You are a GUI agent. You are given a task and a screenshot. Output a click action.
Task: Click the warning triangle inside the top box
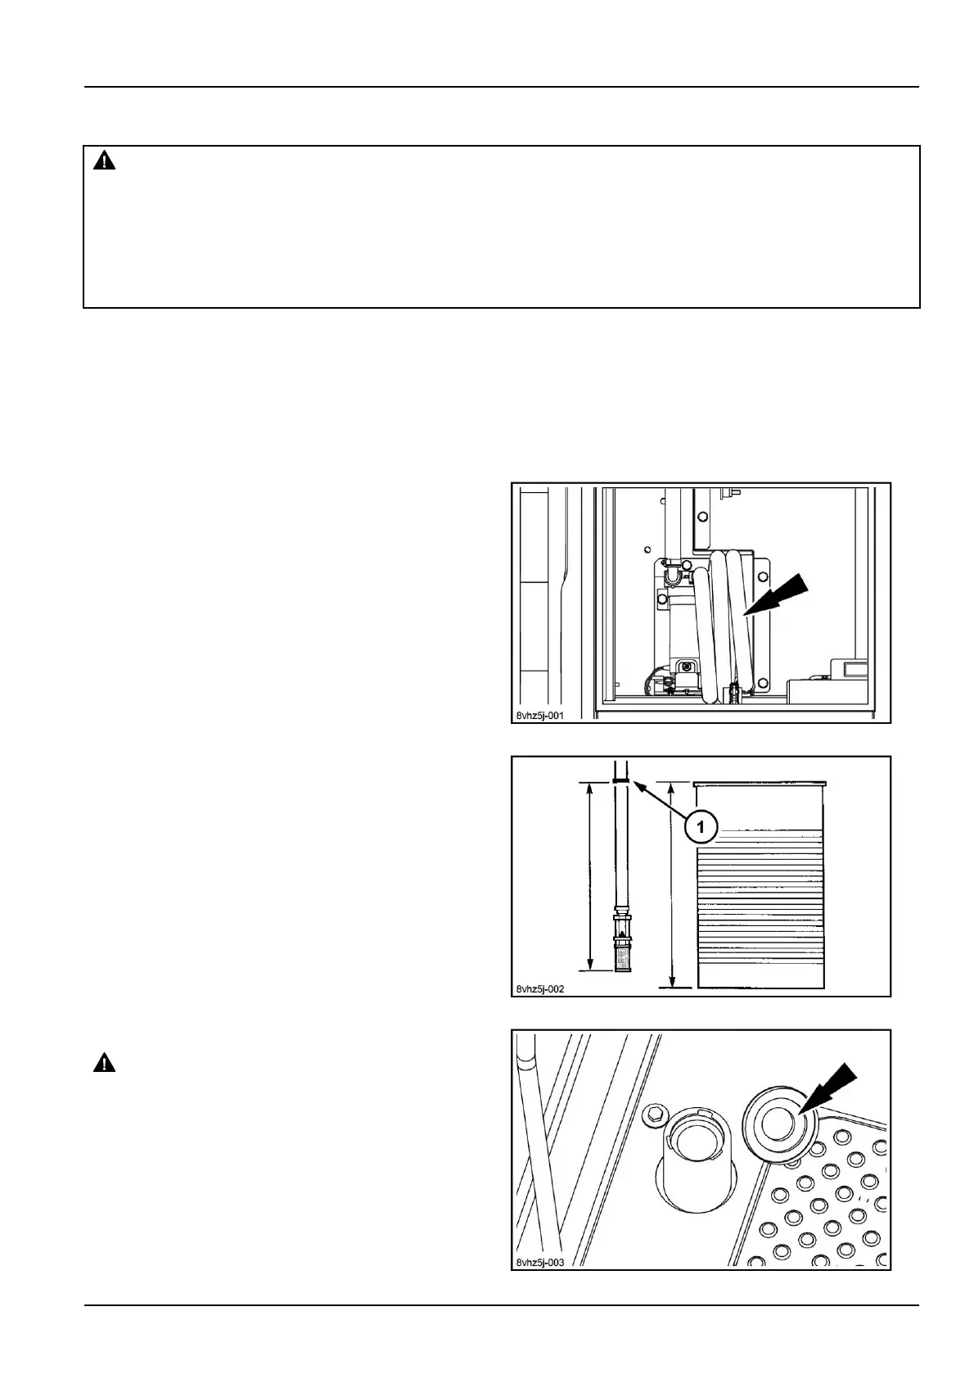104,161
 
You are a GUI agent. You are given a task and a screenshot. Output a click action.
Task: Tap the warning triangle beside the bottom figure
104,1064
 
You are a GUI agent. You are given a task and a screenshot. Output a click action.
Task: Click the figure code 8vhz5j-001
540,715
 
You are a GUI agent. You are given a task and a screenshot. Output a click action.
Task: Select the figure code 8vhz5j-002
540,988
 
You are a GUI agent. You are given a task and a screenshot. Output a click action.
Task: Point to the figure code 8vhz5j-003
540,1262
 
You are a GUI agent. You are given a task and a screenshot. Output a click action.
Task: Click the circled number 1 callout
701,827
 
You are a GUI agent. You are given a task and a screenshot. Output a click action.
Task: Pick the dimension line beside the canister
672,884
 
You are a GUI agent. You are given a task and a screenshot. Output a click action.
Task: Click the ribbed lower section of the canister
759,909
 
